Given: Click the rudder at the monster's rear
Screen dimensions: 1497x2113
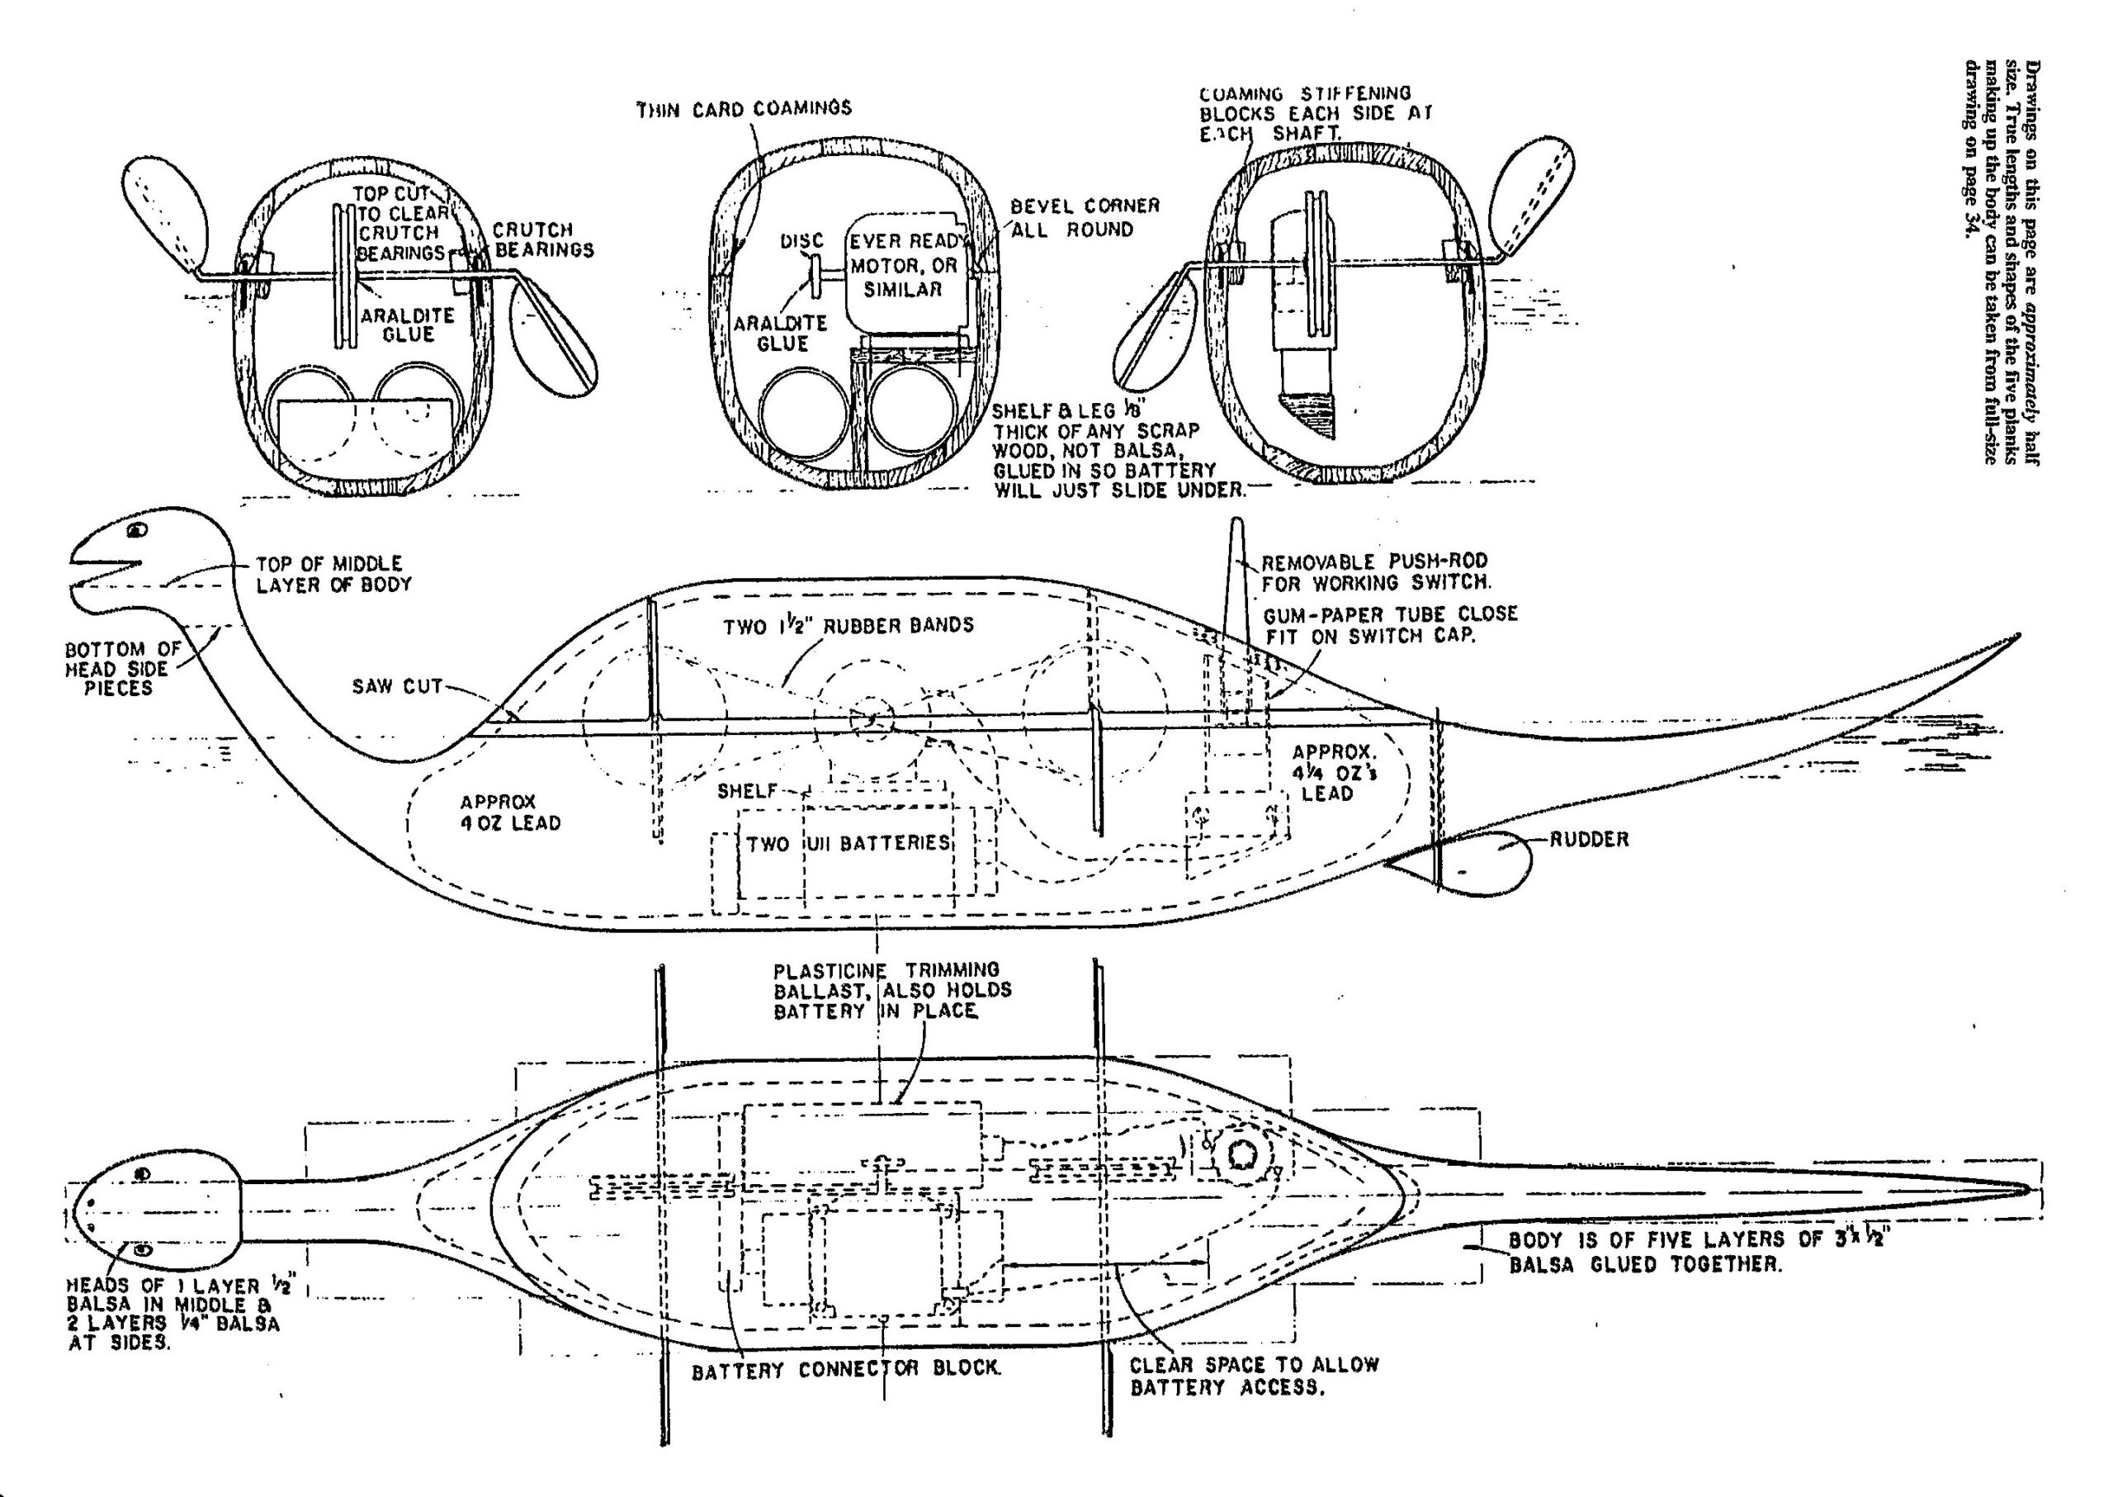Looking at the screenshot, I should (x=1483, y=861).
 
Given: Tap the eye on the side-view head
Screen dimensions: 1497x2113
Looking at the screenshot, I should (x=136, y=530).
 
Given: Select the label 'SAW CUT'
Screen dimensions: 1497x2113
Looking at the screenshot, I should (x=397, y=687).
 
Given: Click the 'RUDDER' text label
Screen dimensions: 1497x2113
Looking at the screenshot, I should (x=1589, y=840).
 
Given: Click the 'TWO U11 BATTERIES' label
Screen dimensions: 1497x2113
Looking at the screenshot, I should (x=848, y=842).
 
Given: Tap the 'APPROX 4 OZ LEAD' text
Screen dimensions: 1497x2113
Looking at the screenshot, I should (x=509, y=812).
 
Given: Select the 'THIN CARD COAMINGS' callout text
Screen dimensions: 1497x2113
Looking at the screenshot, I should (x=745, y=109).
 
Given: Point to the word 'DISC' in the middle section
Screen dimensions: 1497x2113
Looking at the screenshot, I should (x=801, y=241).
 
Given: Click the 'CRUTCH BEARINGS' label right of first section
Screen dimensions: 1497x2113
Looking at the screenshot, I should (x=543, y=239).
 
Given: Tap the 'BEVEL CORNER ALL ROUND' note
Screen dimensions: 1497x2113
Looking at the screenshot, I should (x=1084, y=216).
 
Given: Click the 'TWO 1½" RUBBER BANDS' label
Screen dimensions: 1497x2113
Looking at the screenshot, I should (x=848, y=626).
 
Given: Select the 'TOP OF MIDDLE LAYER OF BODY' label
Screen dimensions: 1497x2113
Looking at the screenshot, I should (x=333, y=573).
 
